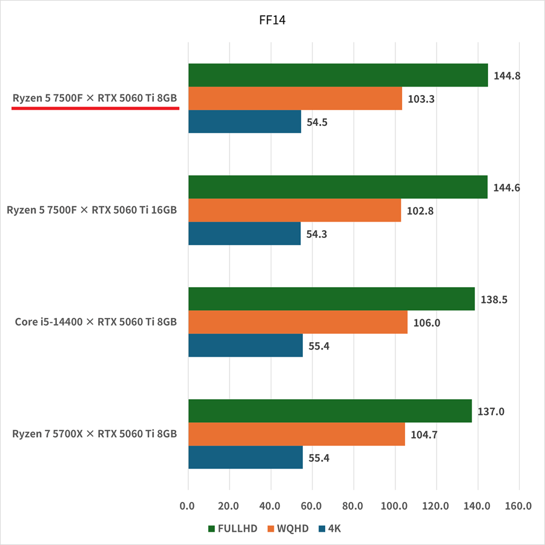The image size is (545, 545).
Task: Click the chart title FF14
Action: (272, 20)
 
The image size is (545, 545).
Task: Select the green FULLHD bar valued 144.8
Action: (338, 75)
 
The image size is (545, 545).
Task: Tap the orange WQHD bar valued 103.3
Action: (295, 98)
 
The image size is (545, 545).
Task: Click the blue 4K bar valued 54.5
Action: (245, 122)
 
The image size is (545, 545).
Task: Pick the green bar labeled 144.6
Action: (338, 187)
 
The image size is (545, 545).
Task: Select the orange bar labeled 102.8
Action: (294, 210)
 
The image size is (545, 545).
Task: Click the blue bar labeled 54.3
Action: (244, 233)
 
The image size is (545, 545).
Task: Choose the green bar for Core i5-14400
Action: (331, 299)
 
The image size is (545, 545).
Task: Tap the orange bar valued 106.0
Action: (298, 322)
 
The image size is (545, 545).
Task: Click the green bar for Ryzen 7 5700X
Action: (330, 411)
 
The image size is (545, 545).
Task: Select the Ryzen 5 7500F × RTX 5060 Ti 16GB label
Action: (92, 210)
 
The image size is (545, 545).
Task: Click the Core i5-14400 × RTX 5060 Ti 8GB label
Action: (96, 322)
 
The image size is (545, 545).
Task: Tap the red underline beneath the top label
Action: (96, 108)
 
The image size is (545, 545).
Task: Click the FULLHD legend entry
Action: (233, 529)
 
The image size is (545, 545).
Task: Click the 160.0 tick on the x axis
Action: (518, 506)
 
